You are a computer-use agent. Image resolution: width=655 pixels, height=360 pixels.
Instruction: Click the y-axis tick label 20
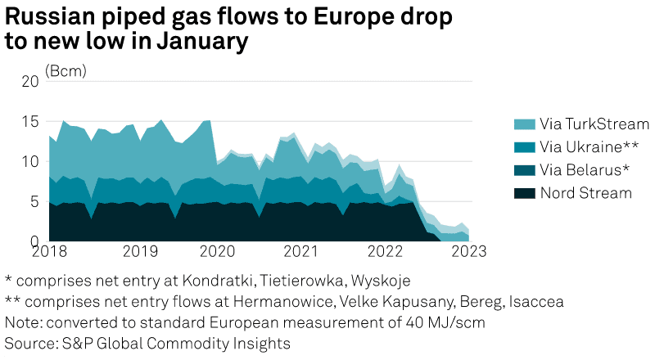pyautogui.click(x=29, y=82)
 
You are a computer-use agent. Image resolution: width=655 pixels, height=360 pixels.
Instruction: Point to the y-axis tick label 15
pyautogui.click(x=29, y=122)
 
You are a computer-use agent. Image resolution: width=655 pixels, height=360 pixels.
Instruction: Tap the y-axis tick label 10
pyautogui.click(x=29, y=162)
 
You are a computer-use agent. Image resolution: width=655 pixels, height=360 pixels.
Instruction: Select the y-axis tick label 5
pyautogui.click(x=34, y=201)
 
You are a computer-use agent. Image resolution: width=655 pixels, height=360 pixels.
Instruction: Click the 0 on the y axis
pyautogui.click(x=34, y=241)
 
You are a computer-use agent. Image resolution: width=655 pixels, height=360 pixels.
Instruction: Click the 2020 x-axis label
pyautogui.click(x=217, y=250)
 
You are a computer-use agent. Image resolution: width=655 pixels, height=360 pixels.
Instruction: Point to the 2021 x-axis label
pyautogui.click(x=302, y=250)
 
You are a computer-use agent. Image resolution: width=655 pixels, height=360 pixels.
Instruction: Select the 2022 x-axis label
pyautogui.click(x=386, y=250)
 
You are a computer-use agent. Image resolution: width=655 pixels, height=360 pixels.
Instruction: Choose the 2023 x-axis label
pyautogui.click(x=470, y=250)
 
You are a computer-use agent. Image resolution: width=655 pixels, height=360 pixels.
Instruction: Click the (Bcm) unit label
pyautogui.click(x=66, y=70)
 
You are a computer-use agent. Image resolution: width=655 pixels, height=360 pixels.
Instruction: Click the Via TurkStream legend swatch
pyautogui.click(x=523, y=124)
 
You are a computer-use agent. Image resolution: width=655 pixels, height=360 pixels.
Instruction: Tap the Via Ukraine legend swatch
pyautogui.click(x=523, y=147)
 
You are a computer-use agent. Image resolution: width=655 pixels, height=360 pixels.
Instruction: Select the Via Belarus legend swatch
pyautogui.click(x=523, y=170)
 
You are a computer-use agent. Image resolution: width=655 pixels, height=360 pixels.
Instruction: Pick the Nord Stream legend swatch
pyautogui.click(x=523, y=193)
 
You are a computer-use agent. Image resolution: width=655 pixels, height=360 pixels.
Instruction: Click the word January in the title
pyautogui.click(x=199, y=40)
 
